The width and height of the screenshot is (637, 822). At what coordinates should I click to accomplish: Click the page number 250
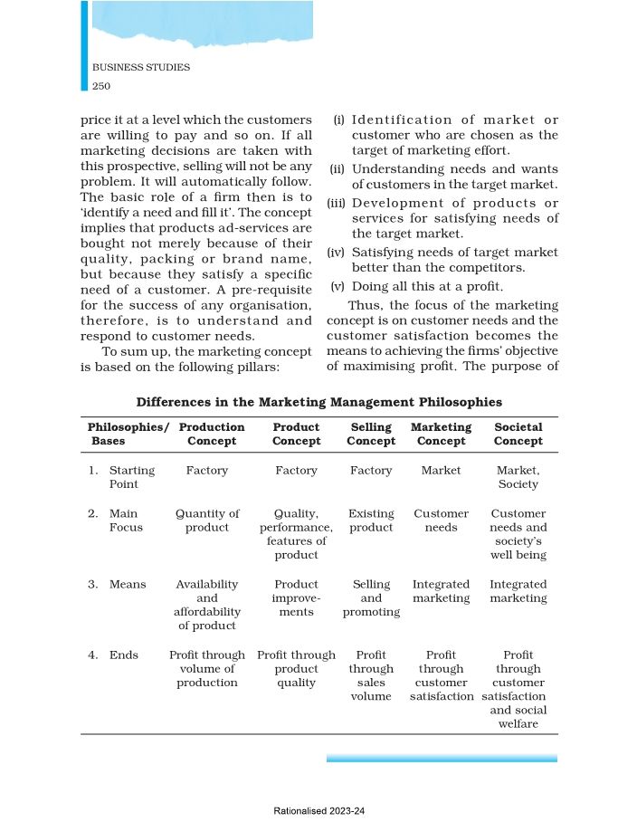tap(101, 86)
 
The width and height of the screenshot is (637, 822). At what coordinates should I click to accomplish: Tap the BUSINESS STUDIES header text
tap(141, 68)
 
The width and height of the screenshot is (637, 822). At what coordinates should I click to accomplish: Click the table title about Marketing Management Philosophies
tap(318, 401)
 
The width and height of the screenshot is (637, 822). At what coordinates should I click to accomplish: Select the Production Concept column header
tap(212, 434)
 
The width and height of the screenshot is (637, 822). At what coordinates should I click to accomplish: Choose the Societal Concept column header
tap(518, 434)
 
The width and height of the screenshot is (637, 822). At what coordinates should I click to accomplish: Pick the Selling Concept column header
tap(371, 434)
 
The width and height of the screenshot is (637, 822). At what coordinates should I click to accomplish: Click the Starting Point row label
tap(131, 477)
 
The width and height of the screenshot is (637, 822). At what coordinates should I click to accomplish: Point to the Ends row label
tap(123, 655)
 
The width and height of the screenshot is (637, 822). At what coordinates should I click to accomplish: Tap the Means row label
tap(127, 585)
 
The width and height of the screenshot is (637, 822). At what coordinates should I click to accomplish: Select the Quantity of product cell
tap(207, 521)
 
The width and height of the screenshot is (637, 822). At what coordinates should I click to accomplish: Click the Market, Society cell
tap(518, 477)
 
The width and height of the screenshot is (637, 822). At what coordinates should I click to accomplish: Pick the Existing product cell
tap(371, 521)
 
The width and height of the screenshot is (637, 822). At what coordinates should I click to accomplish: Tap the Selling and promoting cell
tap(371, 598)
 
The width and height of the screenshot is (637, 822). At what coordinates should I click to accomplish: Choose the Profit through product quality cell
tap(296, 668)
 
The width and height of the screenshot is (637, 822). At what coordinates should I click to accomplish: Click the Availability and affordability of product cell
tap(207, 605)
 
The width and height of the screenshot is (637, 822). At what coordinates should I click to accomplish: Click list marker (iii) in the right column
tap(338, 204)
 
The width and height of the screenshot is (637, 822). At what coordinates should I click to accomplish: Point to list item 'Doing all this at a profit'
tap(426, 286)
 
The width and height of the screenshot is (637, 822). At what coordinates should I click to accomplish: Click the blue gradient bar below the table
tap(442, 758)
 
